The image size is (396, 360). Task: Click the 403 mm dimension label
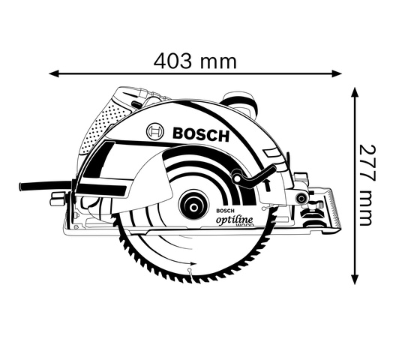pyautogui.click(x=195, y=61)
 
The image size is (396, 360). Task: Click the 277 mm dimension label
pyautogui.click(x=367, y=185)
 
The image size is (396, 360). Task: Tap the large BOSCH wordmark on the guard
pyautogui.click(x=201, y=134)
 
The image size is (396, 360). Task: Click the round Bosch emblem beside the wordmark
pyautogui.click(x=155, y=132)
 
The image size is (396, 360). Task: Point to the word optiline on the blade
pyautogui.click(x=234, y=219)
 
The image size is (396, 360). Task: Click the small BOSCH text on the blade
pyautogui.click(x=225, y=211)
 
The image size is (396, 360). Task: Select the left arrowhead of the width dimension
pyautogui.click(x=54, y=73)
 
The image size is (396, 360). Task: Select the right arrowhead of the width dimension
pyautogui.click(x=337, y=73)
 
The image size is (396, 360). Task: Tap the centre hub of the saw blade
pyautogui.click(x=194, y=208)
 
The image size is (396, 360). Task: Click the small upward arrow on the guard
pyautogui.click(x=267, y=185)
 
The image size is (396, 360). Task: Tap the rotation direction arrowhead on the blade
pyautogui.click(x=193, y=263)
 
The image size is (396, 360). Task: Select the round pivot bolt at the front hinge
pyautogui.click(x=301, y=198)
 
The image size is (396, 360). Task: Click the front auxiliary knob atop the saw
pyautogui.click(x=239, y=102)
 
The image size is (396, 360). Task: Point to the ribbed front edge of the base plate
pyautogui.click(x=334, y=208)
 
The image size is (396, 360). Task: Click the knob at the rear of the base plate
pyautogui.click(x=57, y=198)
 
